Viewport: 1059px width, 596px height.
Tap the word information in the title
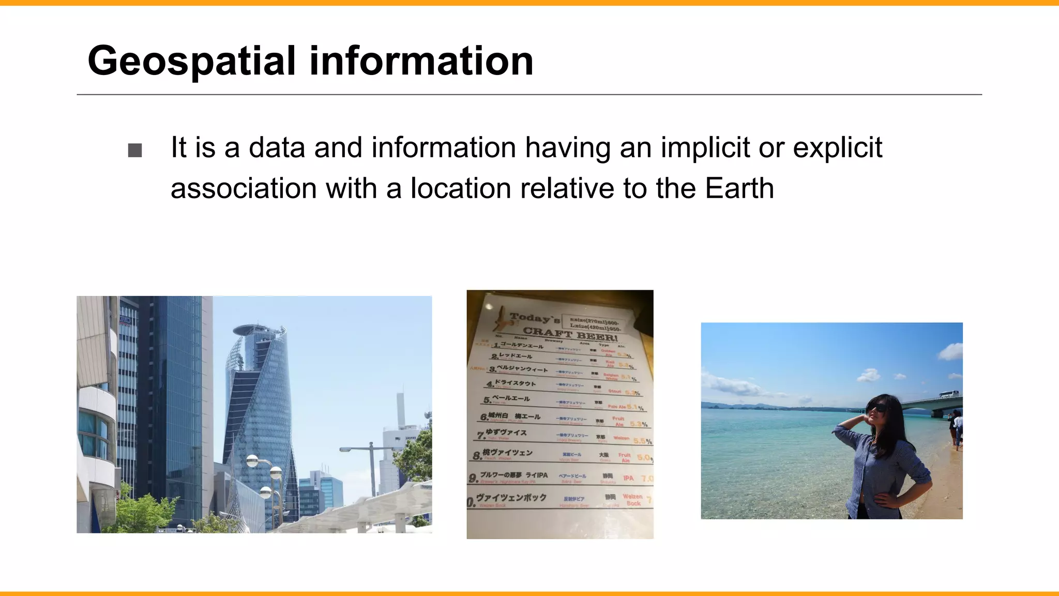pyautogui.click(x=421, y=61)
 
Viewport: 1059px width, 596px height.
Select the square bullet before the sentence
pyautogui.click(x=135, y=151)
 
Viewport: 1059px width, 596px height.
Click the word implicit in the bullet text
pyautogui.click(x=705, y=148)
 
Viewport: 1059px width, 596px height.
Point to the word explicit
pyautogui.click(x=837, y=148)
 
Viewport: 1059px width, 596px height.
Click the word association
pyautogui.click(x=244, y=188)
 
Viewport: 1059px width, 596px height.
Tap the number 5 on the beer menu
pyautogui.click(x=487, y=400)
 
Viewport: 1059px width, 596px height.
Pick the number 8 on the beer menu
pyautogui.click(x=476, y=456)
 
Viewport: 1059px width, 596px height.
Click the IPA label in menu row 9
pyautogui.click(x=628, y=478)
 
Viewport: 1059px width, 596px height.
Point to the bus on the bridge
pyautogui.click(x=948, y=394)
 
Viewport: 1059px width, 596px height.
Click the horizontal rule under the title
pyautogui.click(x=529, y=95)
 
